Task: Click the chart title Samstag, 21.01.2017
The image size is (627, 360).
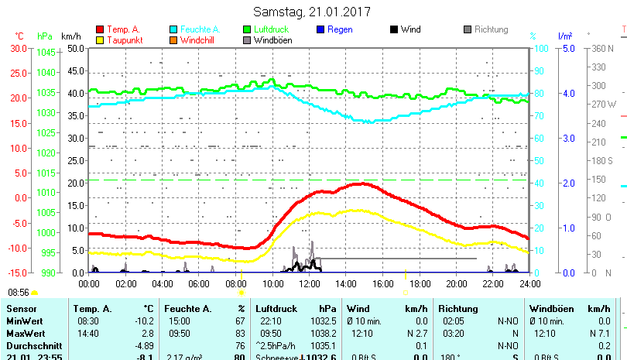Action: point(312,12)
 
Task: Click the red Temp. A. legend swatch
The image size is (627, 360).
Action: point(100,30)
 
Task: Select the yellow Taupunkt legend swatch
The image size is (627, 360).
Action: point(100,40)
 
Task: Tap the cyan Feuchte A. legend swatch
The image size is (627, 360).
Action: point(174,30)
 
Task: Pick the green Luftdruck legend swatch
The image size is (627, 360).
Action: point(248,30)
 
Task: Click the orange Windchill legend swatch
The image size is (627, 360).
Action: point(174,40)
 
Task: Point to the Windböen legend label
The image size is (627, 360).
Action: point(272,40)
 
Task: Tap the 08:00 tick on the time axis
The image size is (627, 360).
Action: point(235,283)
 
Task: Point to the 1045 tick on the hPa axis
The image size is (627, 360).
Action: point(46,53)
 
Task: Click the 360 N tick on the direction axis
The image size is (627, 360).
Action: point(603,48)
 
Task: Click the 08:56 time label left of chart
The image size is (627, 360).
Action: point(19,293)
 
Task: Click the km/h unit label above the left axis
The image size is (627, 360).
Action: point(70,36)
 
